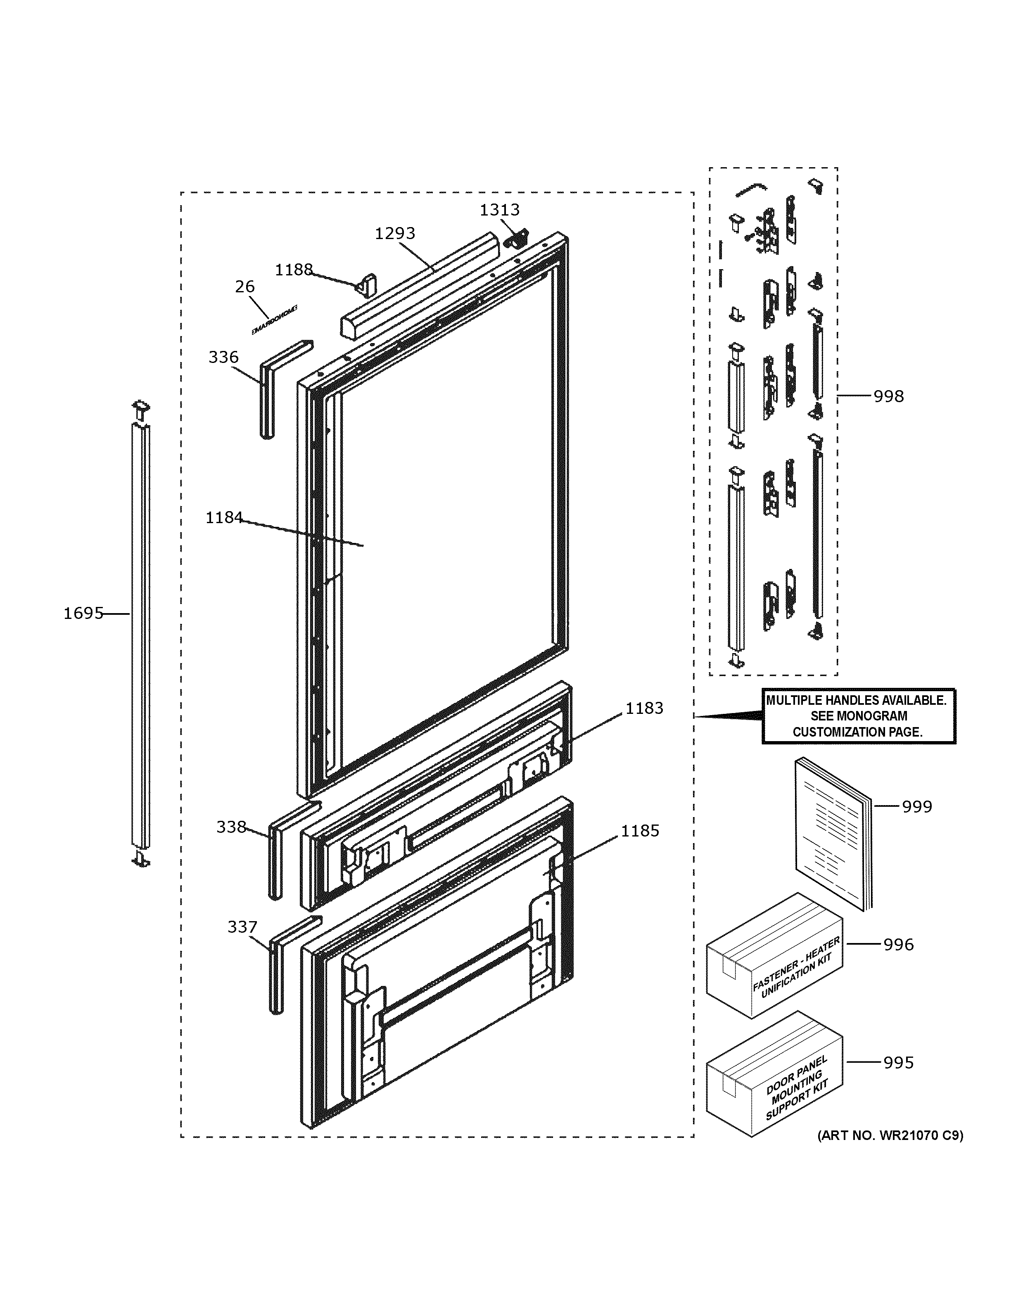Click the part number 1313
(499, 210)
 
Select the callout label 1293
(395, 234)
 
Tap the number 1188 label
(294, 270)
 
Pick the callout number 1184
(224, 517)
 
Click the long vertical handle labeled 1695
(141, 635)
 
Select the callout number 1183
(644, 708)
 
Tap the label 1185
(640, 831)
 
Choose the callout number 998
(888, 396)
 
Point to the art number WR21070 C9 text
(891, 1135)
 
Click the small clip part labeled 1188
(367, 284)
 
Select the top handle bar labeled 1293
(419, 286)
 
